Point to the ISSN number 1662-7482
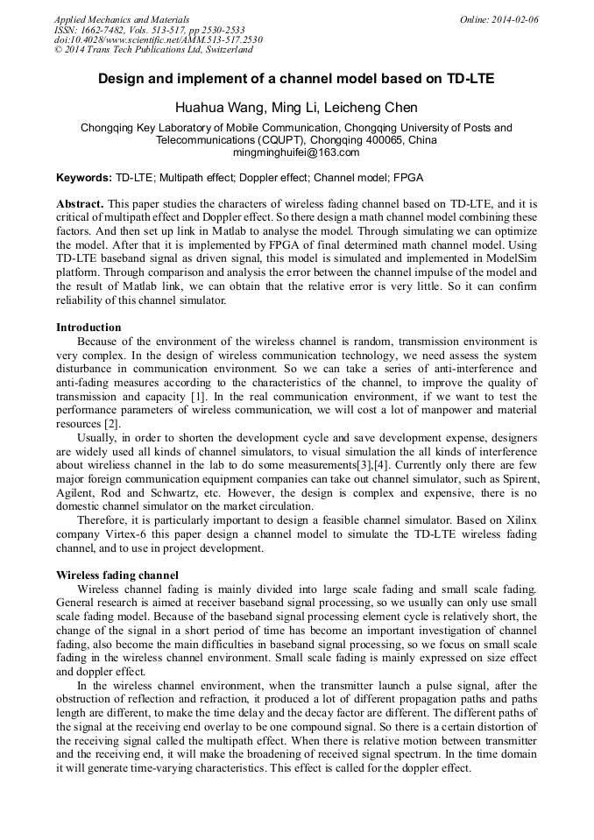pos(105,30)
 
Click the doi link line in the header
pos(158,39)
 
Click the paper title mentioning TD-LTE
pos(296,79)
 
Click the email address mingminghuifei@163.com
pos(296,152)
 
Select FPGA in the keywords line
pos(408,178)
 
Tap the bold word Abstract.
pos(80,202)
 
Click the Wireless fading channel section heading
pos(117,575)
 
